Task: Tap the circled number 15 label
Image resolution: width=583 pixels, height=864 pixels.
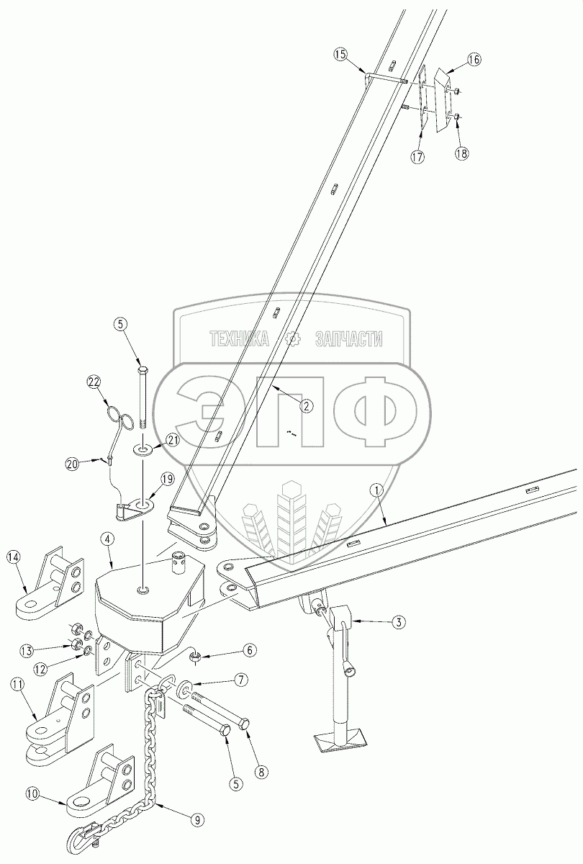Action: pos(340,54)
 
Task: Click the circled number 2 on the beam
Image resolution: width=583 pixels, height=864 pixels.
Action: pos(306,406)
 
